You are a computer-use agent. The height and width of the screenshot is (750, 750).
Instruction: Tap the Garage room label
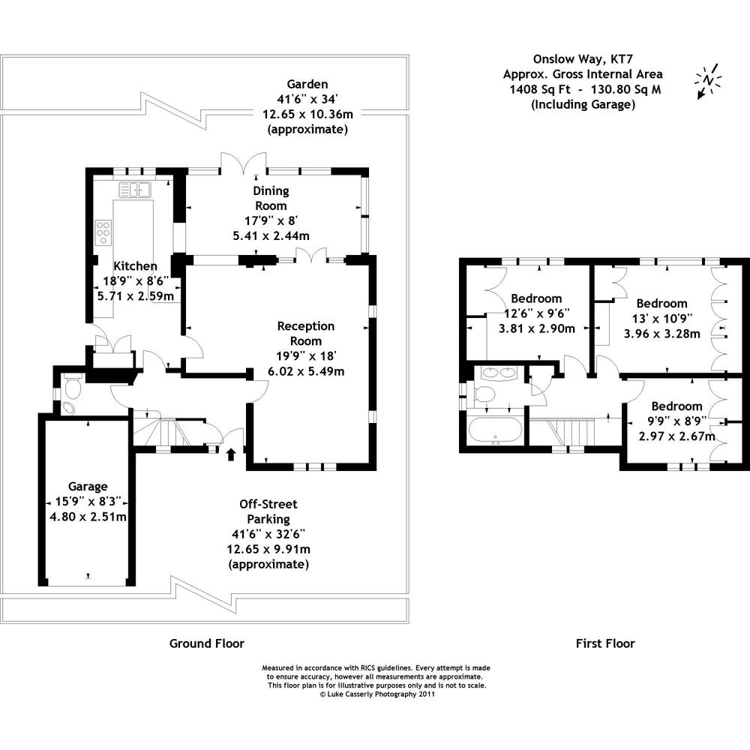click(88, 486)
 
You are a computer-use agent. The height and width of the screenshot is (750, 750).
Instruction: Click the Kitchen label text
click(135, 266)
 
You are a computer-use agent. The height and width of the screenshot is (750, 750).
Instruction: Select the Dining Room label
click(270, 198)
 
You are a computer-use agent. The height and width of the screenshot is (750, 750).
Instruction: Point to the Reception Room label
click(305, 333)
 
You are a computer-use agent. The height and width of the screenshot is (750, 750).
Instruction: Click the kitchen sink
click(134, 190)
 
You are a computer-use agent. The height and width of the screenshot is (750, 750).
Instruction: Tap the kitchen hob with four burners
click(103, 232)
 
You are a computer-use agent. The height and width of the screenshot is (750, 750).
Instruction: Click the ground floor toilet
click(72, 387)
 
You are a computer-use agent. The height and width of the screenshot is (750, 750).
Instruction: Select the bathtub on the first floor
click(494, 431)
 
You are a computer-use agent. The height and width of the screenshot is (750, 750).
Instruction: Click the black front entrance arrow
click(231, 453)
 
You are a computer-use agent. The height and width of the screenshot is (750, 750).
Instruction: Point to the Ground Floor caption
click(206, 643)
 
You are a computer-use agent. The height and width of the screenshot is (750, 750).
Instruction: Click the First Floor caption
click(604, 643)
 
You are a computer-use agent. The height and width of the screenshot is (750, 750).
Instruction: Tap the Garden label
click(307, 84)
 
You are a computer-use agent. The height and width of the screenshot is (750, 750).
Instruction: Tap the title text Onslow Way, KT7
click(582, 58)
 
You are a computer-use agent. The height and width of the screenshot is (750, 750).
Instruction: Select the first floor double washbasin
click(496, 373)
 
